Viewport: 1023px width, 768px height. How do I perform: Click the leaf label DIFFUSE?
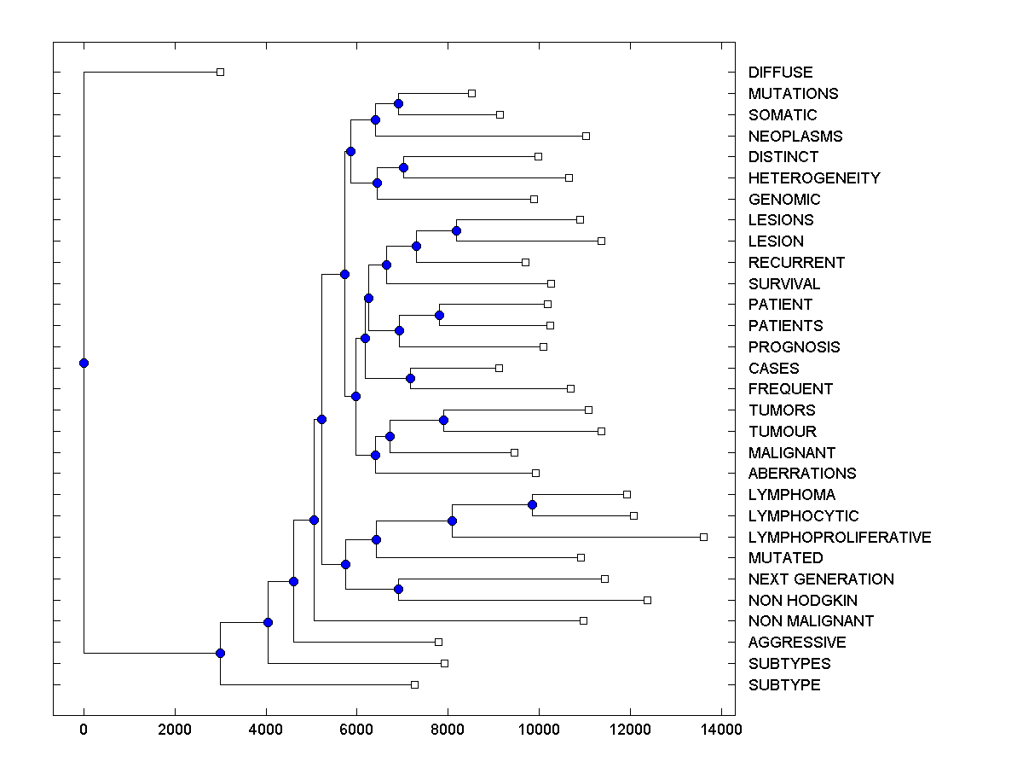coord(780,73)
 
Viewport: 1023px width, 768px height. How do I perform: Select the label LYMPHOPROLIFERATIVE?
coord(839,537)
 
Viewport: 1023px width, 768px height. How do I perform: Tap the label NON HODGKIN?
coord(802,601)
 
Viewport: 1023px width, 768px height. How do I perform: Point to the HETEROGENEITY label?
coord(813,178)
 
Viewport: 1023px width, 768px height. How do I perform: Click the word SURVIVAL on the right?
coord(783,283)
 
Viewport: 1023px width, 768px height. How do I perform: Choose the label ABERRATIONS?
coord(801,474)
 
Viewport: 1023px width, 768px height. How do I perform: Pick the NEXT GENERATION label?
coord(820,579)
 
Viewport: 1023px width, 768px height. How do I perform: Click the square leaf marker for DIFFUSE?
coord(220,73)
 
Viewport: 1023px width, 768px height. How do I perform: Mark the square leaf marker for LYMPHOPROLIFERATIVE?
coord(703,537)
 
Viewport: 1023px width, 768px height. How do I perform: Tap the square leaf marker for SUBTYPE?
coord(414,684)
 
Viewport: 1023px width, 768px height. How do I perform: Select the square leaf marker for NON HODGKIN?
coord(647,601)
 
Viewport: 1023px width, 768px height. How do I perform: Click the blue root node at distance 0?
coord(84,363)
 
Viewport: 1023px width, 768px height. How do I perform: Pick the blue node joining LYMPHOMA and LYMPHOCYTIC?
coord(532,504)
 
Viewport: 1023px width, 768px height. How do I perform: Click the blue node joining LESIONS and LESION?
coord(456,230)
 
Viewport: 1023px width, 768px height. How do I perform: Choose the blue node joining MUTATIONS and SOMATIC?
coord(398,103)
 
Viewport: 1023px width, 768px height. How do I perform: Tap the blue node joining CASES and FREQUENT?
coord(410,378)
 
